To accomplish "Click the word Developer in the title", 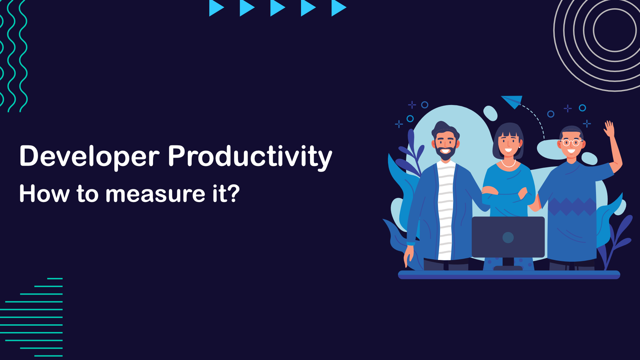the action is point(90,156).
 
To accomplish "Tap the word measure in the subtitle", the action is point(155,194).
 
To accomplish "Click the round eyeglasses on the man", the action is point(571,143).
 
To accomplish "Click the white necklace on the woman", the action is point(508,164).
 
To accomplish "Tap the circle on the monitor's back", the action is point(508,238).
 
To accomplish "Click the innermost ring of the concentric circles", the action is point(615,30).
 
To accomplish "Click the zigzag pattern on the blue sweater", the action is point(572,207).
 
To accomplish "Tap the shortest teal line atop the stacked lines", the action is point(55,278).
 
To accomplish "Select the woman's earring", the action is point(519,146).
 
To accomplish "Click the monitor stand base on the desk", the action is point(508,268).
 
